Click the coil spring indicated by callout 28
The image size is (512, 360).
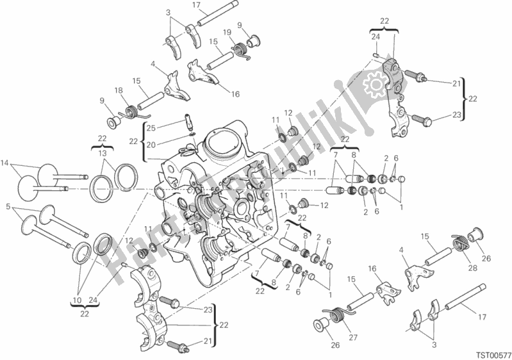tap(461, 242)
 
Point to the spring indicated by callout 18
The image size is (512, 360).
tap(133, 111)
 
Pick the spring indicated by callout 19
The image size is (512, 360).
tap(242, 48)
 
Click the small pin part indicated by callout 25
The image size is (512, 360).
tap(189, 120)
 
